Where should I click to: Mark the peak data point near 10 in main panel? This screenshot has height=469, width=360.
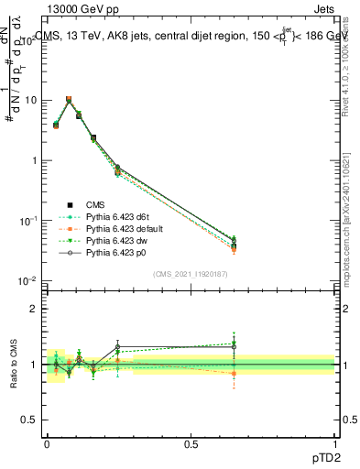(x=69, y=99)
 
